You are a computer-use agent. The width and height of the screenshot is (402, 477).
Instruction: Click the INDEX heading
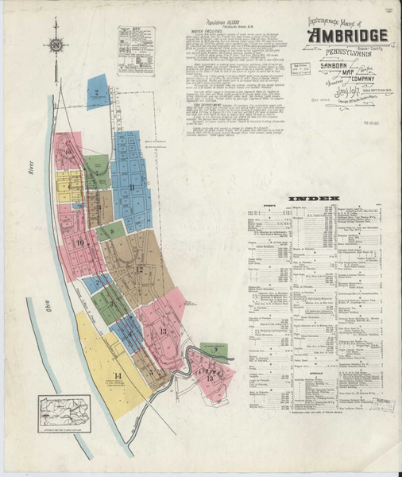[x=314, y=197]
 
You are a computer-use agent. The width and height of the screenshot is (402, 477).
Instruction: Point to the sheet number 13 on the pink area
[x=164, y=331]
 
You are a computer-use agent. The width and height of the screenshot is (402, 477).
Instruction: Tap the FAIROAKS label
[x=208, y=369]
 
